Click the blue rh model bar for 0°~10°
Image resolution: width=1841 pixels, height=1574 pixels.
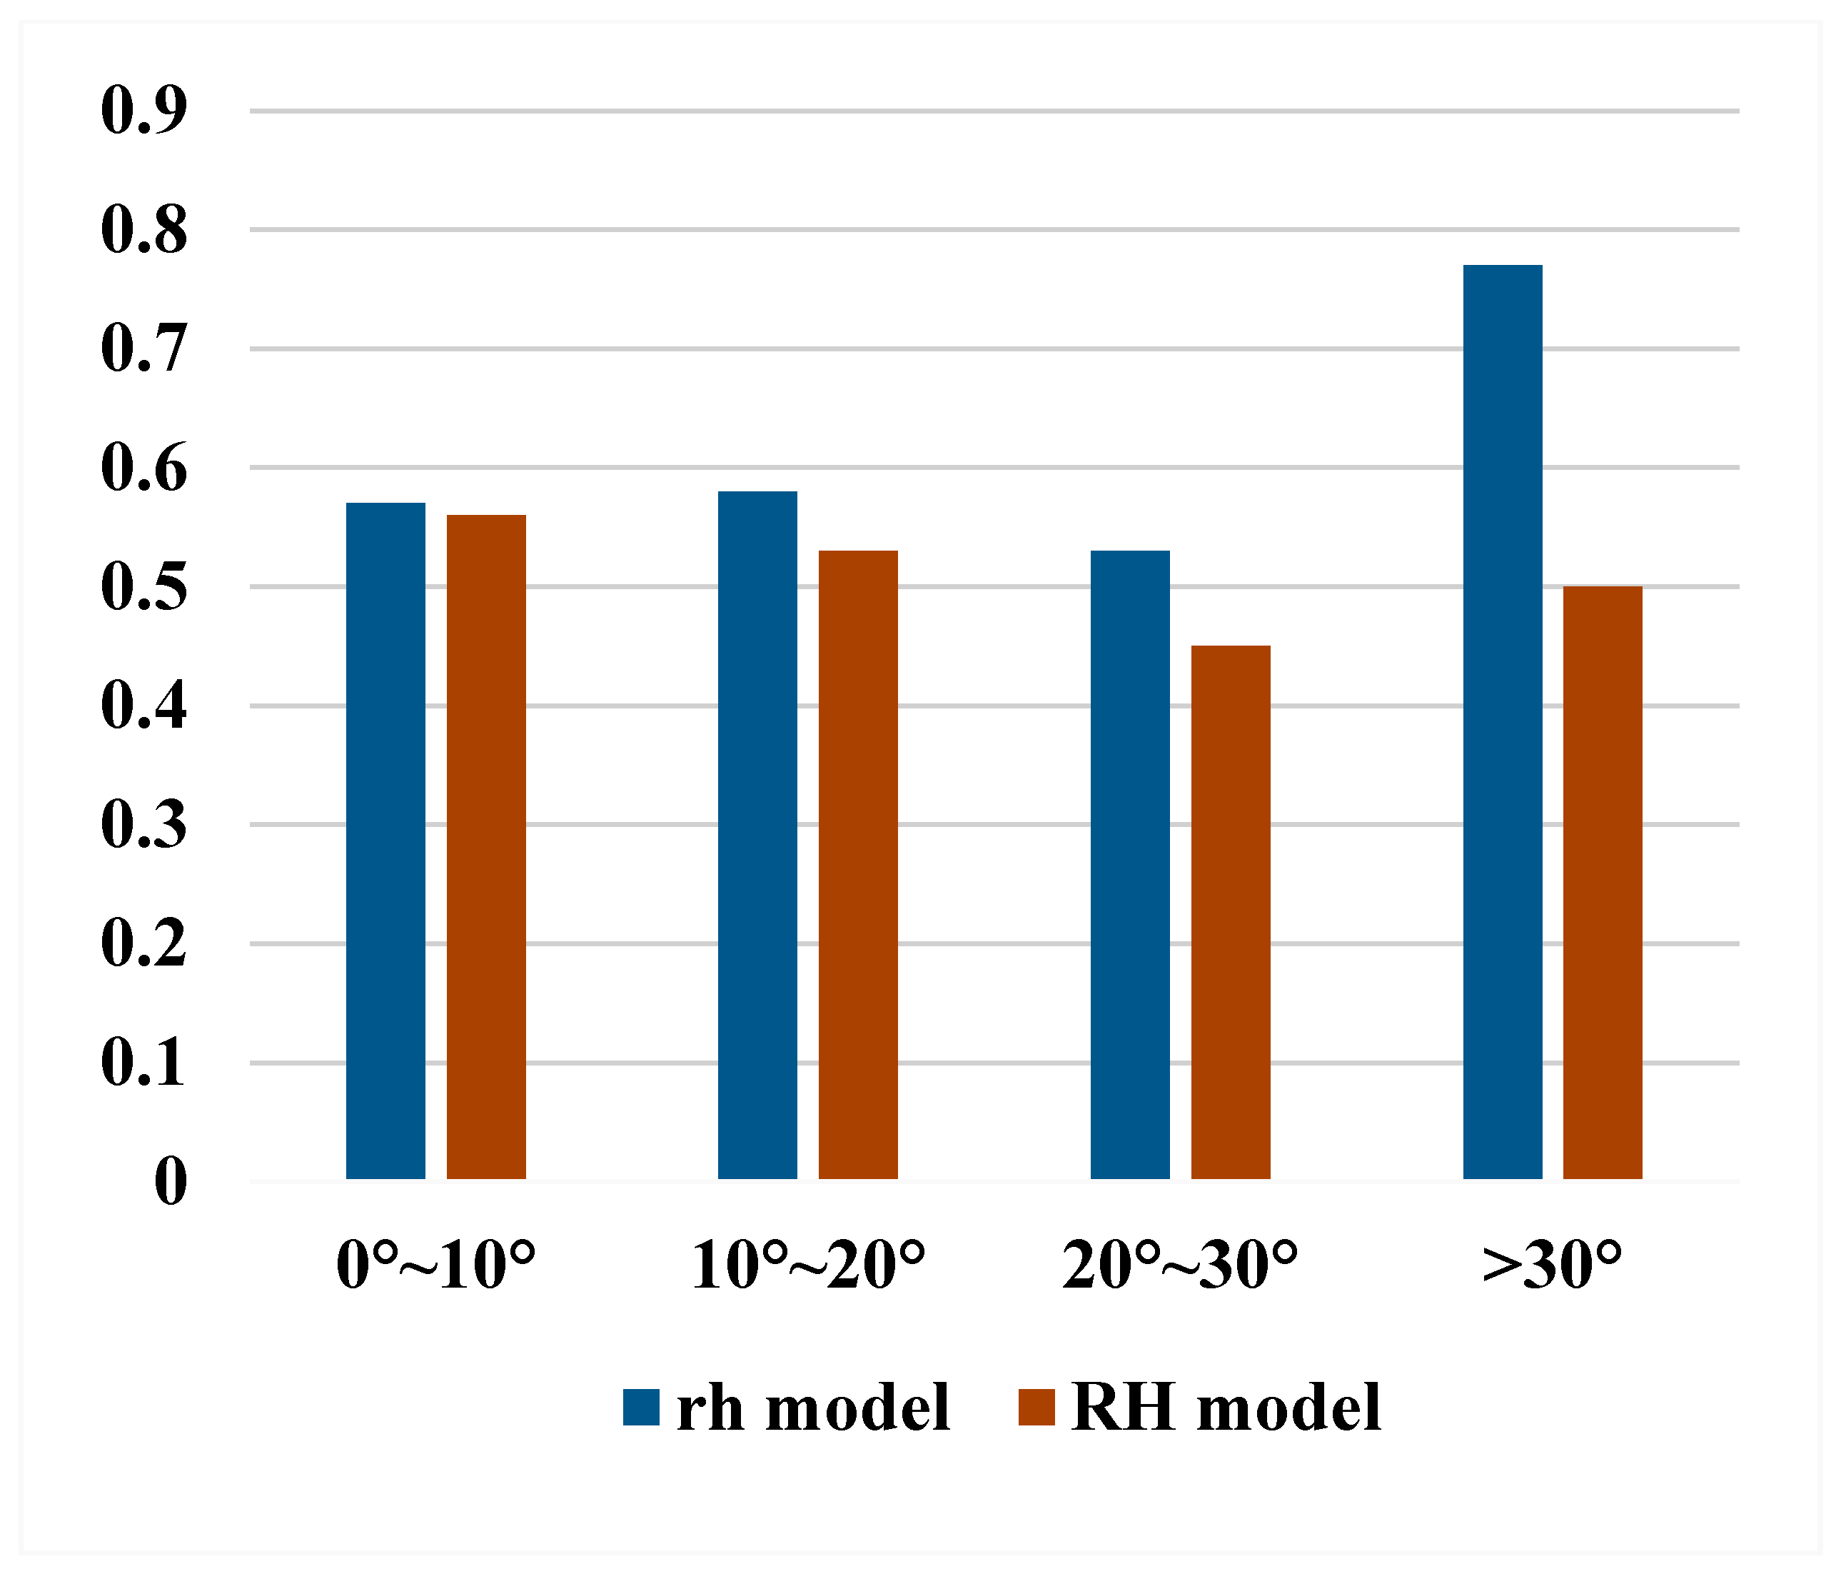tap(385, 841)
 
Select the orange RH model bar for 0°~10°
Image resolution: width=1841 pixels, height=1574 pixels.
tap(486, 847)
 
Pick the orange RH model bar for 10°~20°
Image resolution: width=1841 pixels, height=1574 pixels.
tap(857, 865)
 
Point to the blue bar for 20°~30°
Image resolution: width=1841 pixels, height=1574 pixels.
tap(1130, 865)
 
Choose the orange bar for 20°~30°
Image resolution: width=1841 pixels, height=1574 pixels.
tap(1231, 912)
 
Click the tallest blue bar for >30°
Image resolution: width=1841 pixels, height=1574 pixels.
tap(1503, 722)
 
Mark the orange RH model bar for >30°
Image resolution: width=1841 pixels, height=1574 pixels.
tap(1603, 883)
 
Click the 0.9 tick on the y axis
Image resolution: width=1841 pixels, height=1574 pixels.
tap(144, 111)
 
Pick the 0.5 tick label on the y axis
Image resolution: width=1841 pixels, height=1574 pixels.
tap(144, 588)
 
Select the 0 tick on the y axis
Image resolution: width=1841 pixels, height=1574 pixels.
tap(171, 1182)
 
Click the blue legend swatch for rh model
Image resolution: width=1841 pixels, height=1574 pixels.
tap(640, 1407)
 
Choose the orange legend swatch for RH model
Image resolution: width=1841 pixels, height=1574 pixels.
tap(1036, 1407)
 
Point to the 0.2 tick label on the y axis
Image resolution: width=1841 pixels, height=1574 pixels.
tap(144, 944)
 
